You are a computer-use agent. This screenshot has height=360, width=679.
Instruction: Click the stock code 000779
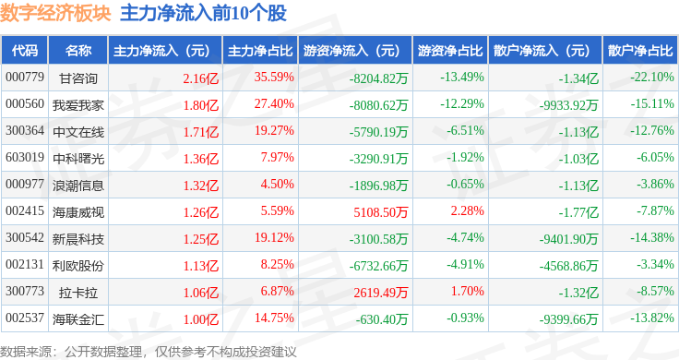(25, 78)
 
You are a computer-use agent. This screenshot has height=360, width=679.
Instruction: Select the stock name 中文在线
(78, 132)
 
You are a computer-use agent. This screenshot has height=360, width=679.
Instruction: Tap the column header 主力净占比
(260, 51)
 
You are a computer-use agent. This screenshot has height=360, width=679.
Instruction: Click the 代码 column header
(25, 51)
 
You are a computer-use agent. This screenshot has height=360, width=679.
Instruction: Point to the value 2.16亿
(201, 78)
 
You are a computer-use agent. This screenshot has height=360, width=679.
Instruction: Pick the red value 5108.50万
(381, 212)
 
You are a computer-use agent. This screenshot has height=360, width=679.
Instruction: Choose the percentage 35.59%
(274, 78)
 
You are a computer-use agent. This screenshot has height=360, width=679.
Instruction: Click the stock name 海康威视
(78, 212)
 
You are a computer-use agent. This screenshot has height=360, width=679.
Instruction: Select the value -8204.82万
(379, 78)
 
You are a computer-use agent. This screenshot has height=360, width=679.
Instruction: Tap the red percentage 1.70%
(467, 291)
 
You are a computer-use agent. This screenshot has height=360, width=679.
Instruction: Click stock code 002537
(25, 318)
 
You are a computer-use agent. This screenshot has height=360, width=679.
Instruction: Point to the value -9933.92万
(568, 105)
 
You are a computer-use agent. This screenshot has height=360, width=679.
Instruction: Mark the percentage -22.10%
(652, 78)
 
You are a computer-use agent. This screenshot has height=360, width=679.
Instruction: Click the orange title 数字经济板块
(56, 13)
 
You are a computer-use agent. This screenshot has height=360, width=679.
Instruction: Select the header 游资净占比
(450, 51)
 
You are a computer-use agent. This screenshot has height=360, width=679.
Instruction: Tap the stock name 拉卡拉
(78, 293)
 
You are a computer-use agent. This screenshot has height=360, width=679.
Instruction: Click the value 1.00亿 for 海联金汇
(201, 319)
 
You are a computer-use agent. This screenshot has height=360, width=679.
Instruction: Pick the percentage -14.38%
(652, 237)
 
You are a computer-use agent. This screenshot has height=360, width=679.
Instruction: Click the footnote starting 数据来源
(149, 352)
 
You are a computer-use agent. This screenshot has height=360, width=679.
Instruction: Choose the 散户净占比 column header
(640, 51)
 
